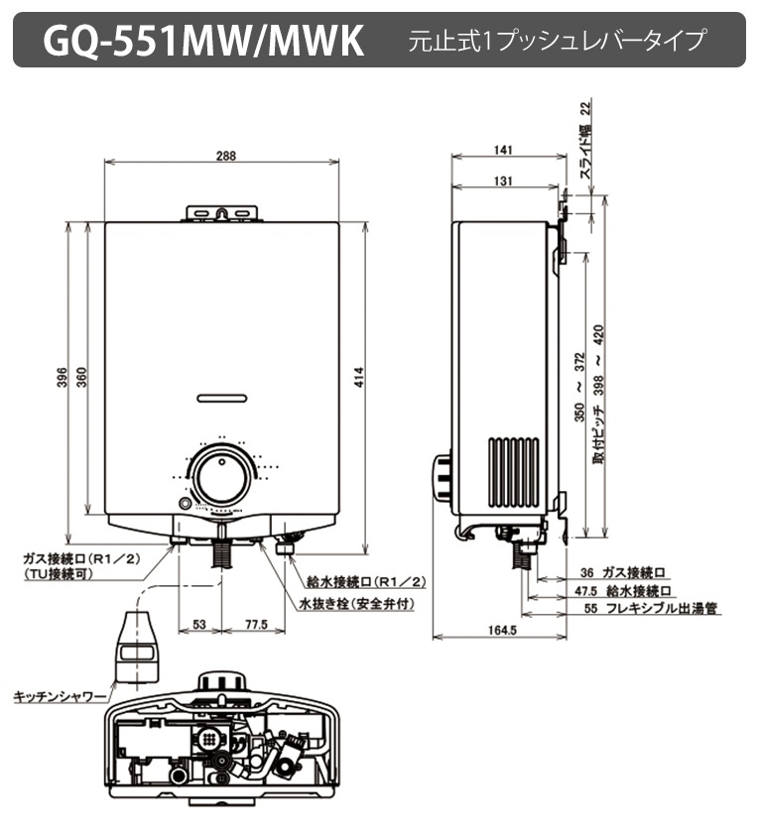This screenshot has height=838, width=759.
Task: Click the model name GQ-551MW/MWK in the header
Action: click(203, 40)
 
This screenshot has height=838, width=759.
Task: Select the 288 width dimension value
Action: click(225, 155)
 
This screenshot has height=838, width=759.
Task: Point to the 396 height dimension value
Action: click(61, 379)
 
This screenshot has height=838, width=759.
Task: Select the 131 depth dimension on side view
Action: click(501, 180)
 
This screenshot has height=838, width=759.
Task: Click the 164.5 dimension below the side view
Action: click(503, 630)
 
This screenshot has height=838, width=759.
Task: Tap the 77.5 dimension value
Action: click(256, 624)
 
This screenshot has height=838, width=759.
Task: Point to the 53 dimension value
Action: click(198, 624)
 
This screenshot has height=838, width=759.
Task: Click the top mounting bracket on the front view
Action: click(223, 213)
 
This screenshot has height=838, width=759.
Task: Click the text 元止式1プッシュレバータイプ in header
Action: click(557, 41)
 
